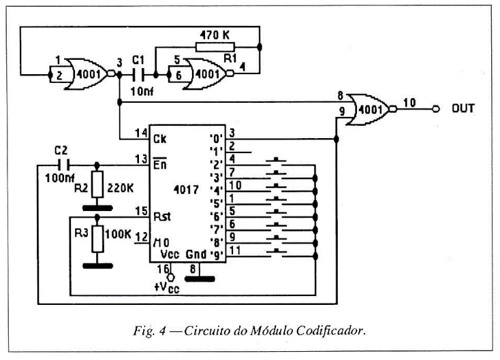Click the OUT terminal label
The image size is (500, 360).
pos(463,108)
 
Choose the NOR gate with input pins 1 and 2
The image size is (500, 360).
pos(76,69)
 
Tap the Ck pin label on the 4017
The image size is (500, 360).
pos(161,140)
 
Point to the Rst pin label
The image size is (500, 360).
pos(162,216)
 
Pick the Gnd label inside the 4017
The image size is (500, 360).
pos(196,254)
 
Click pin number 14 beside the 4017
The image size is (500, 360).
pos(140,132)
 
